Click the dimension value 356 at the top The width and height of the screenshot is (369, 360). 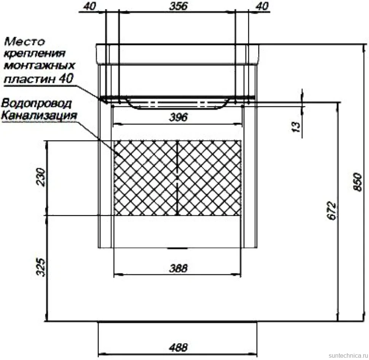click(178, 6)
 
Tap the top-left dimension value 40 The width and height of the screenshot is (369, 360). click(90, 6)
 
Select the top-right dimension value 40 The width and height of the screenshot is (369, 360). click(262, 6)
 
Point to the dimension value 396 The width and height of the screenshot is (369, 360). click(178, 117)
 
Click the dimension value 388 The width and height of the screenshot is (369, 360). click(178, 268)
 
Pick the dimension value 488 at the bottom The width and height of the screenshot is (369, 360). click(178, 347)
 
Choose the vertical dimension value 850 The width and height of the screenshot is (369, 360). click(357, 182)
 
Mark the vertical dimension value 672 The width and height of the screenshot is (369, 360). click(332, 210)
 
